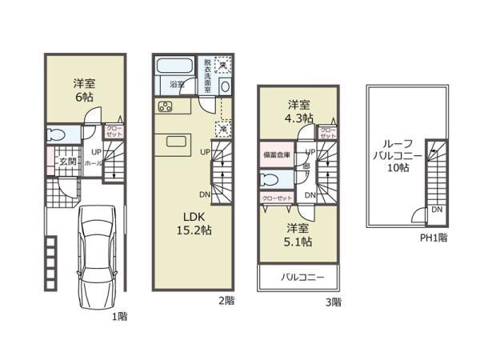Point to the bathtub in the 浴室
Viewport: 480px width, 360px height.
pos(168,66)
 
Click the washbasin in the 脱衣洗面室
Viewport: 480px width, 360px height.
pos(225,86)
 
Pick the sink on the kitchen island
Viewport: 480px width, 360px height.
pos(176,141)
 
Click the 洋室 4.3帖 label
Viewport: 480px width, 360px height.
pos(299,111)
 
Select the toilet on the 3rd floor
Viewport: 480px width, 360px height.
pos(273,178)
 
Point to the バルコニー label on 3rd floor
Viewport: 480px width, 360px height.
pos(297,278)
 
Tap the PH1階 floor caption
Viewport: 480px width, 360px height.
pos(434,238)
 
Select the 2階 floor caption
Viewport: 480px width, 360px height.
pos(226,301)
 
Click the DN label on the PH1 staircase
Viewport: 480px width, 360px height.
pos(436,209)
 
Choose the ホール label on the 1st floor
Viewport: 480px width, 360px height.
pos(90,162)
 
